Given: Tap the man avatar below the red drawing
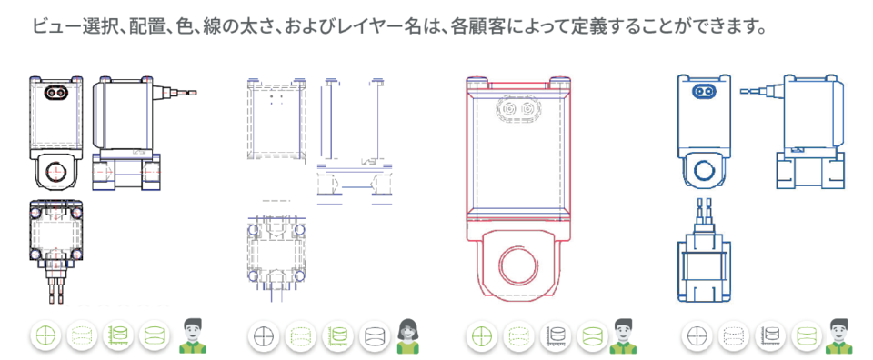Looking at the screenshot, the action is pos(623,336).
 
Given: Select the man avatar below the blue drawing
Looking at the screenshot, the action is pos(840,336).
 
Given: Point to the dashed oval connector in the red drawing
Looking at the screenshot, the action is pos(517,110).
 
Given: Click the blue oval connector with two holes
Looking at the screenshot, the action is pos(704,91).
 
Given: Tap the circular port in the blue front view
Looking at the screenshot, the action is pos(703,169).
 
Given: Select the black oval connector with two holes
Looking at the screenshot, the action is pos(55,92).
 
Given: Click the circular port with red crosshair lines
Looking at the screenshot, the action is pos(55,173).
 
